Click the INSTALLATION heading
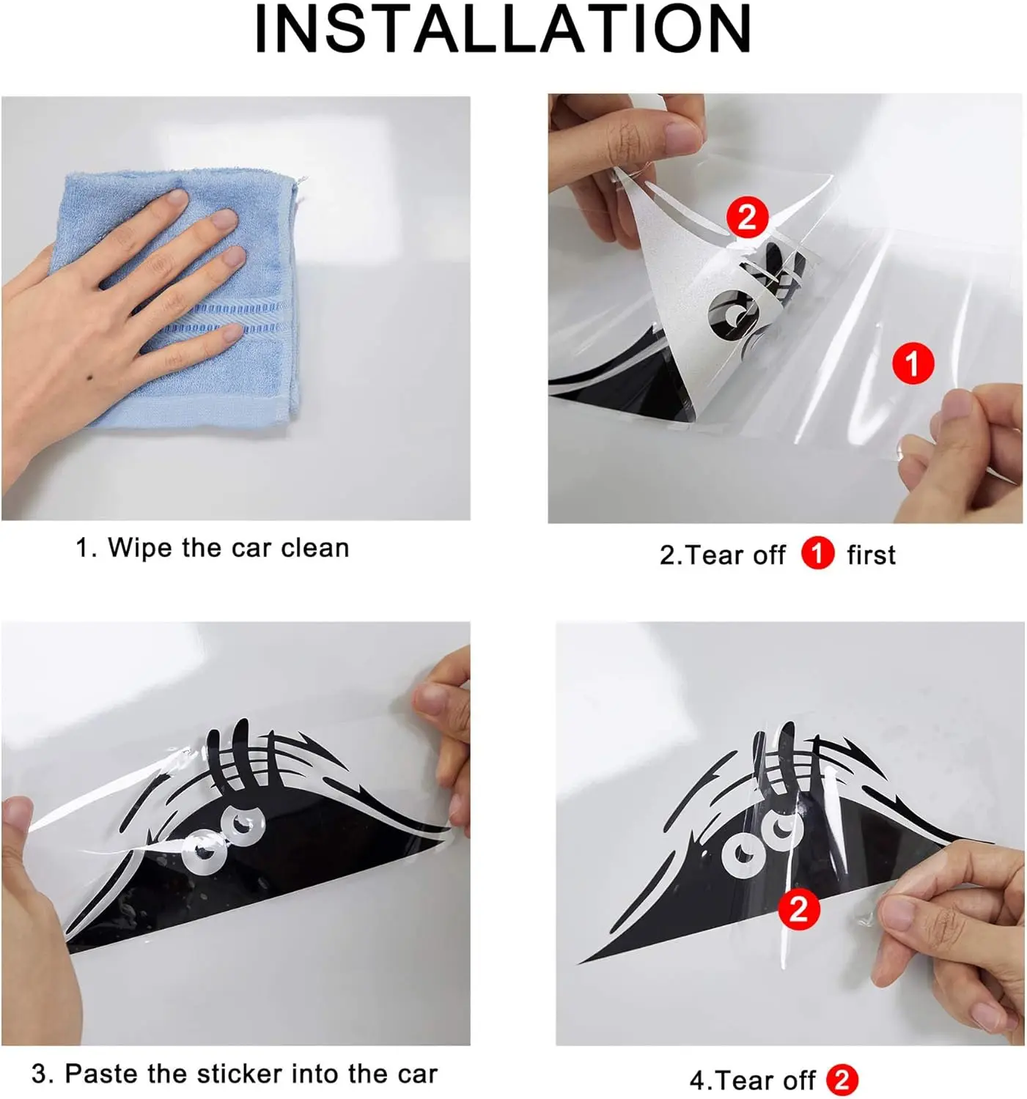click(503, 29)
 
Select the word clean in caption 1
click(314, 548)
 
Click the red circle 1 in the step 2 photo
click(913, 363)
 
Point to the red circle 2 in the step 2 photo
click(746, 217)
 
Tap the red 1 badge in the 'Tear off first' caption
click(817, 554)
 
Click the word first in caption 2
click(871, 555)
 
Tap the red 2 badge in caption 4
click(842, 1081)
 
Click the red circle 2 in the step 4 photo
click(798, 909)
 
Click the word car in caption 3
click(417, 1074)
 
